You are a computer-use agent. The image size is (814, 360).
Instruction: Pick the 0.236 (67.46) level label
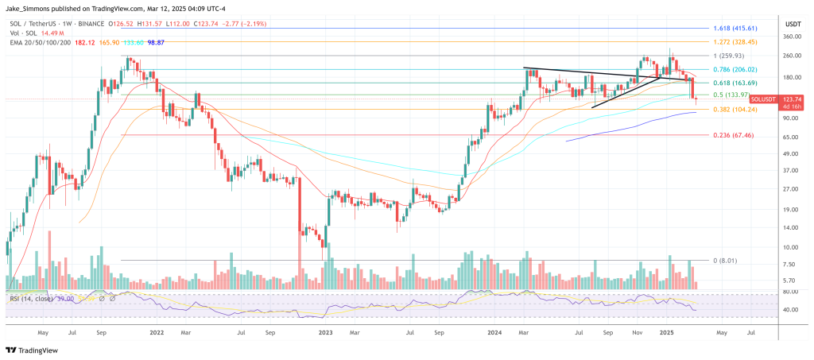pyautogui.click(x=734, y=135)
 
